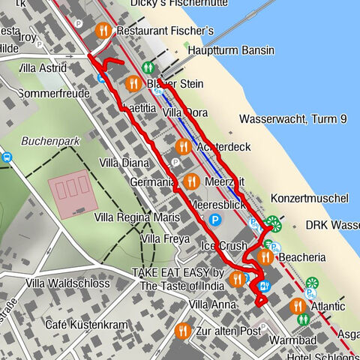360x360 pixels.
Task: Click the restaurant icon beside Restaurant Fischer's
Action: pyautogui.click(x=103, y=31)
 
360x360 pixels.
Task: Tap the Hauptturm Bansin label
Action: pyautogui.click(x=232, y=51)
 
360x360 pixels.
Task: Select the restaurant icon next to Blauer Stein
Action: pyautogui.click(x=133, y=83)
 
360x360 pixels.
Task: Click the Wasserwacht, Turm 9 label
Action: pyautogui.click(x=293, y=118)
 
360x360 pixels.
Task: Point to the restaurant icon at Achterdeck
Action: pyautogui.click(x=182, y=146)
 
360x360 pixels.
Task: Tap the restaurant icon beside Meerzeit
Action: pyautogui.click(x=191, y=181)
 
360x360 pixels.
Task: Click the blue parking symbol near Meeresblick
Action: pyautogui.click(x=215, y=220)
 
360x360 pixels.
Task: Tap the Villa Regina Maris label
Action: pyautogui.click(x=137, y=217)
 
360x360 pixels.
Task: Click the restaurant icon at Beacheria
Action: pyautogui.click(x=265, y=257)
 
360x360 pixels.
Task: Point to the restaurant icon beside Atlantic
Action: pyautogui.click(x=297, y=306)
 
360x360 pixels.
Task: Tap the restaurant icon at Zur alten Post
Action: pyautogui.click(x=182, y=330)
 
